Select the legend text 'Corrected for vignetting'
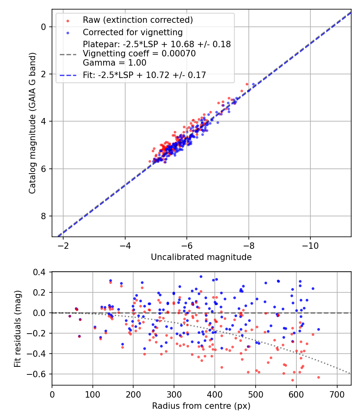pyautogui.click(x=132, y=32)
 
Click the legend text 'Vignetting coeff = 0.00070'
pyautogui.click(x=139, y=54)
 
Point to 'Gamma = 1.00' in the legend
pyautogui.click(x=114, y=63)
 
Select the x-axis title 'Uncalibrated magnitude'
pyautogui.click(x=201, y=257)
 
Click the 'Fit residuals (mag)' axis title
pyautogui.click(x=17, y=329)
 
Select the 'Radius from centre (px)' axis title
pyautogui.click(x=201, y=406)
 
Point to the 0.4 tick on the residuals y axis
pyautogui.click(x=41, y=272)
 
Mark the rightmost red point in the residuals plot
pyautogui.click(x=318, y=377)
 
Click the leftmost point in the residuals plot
pyautogui.click(x=70, y=316)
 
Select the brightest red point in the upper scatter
pyautogui.click(x=247, y=84)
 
